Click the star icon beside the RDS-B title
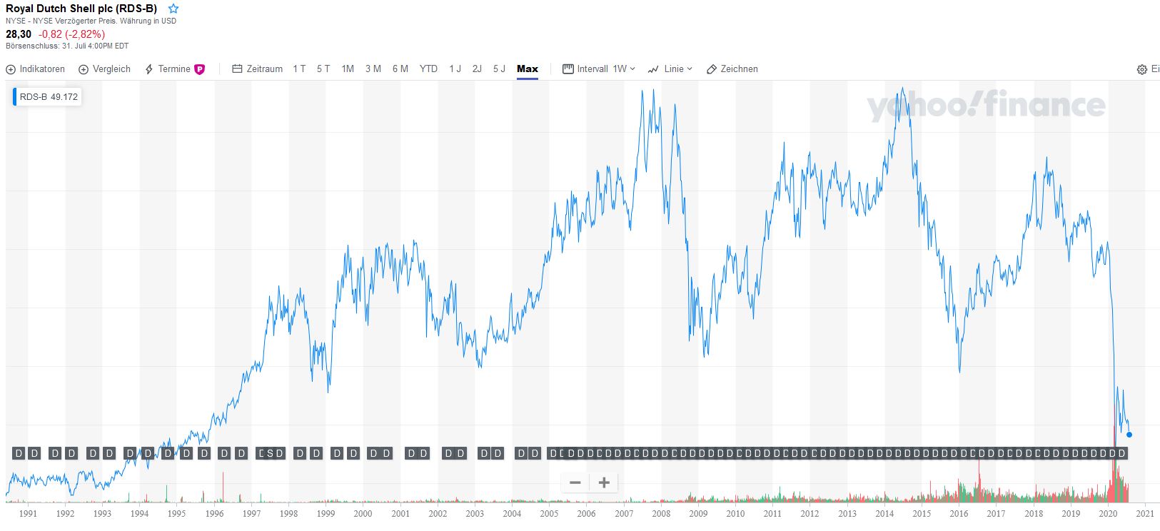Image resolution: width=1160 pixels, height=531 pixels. [173, 9]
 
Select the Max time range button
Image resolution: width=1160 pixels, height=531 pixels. [527, 69]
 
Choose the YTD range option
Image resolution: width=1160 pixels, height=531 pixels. [428, 69]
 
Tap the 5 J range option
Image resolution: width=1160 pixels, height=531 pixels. [499, 69]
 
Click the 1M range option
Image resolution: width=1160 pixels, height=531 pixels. [348, 69]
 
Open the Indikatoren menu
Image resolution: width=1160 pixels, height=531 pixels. [36, 69]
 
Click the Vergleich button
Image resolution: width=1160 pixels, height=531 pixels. [105, 69]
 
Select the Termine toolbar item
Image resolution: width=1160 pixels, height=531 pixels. [174, 69]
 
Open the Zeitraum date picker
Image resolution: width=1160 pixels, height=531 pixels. [258, 69]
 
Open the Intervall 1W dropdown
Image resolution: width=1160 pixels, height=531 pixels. [599, 69]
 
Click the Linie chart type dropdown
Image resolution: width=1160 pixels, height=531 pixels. [670, 69]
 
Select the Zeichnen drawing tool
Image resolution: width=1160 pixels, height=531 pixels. [732, 69]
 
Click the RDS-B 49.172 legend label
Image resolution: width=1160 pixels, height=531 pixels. [48, 96]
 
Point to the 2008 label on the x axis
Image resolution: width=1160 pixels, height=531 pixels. [661, 513]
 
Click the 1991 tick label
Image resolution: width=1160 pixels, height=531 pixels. [28, 513]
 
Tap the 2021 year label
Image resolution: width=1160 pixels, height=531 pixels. [1145, 513]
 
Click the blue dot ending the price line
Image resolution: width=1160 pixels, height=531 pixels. [1129, 435]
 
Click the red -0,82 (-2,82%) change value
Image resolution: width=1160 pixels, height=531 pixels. [71, 34]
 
